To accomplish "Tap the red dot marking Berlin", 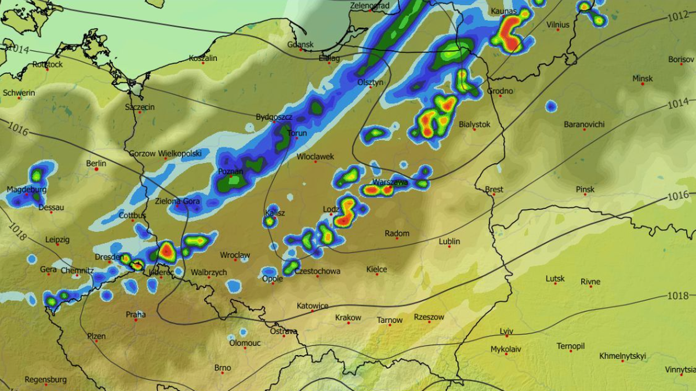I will pyautogui.click(x=96, y=169).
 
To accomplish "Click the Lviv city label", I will pyautogui.click(x=506, y=331).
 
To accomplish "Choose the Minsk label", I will pyautogui.click(x=642, y=79).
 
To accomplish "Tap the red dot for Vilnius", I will pyautogui.click(x=557, y=30).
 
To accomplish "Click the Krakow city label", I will pyautogui.click(x=348, y=317).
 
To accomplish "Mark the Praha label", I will pyautogui.click(x=136, y=315).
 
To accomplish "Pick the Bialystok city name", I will pyautogui.click(x=474, y=125).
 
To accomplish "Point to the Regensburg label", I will pyautogui.click(x=45, y=380).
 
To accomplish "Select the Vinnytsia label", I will pyautogui.click(x=680, y=370).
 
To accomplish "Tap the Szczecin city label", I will pyautogui.click(x=140, y=107).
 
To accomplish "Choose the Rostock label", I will pyautogui.click(x=48, y=65).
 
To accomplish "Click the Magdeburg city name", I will pyautogui.click(x=26, y=189).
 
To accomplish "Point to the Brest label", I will pyautogui.click(x=494, y=189).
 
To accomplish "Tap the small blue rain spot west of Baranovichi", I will pyautogui.click(x=550, y=106).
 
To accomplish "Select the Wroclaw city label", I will pyautogui.click(x=235, y=255).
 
